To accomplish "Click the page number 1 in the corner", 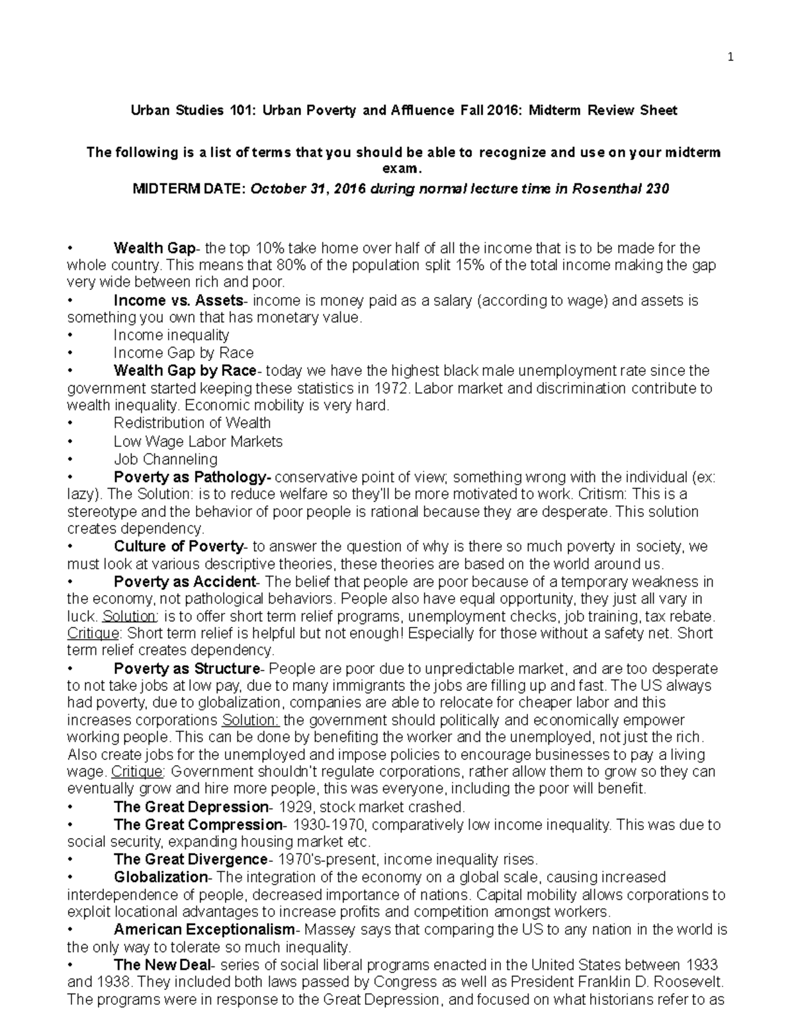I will pyautogui.click(x=730, y=57).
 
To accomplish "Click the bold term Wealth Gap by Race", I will pyautogui.click(x=185, y=370).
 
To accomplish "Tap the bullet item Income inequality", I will pyautogui.click(x=171, y=335).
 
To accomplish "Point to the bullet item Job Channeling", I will pyautogui.click(x=165, y=459).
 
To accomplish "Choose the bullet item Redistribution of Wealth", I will pyautogui.click(x=192, y=423).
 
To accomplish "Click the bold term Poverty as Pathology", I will pyautogui.click(x=192, y=477).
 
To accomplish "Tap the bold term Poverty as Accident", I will pyautogui.click(x=185, y=582).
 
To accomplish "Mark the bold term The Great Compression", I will pyautogui.click(x=198, y=825).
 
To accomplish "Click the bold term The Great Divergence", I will pyautogui.click(x=191, y=859).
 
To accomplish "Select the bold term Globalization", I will pyautogui.click(x=161, y=877).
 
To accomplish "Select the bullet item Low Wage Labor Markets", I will pyautogui.click(x=198, y=441).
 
